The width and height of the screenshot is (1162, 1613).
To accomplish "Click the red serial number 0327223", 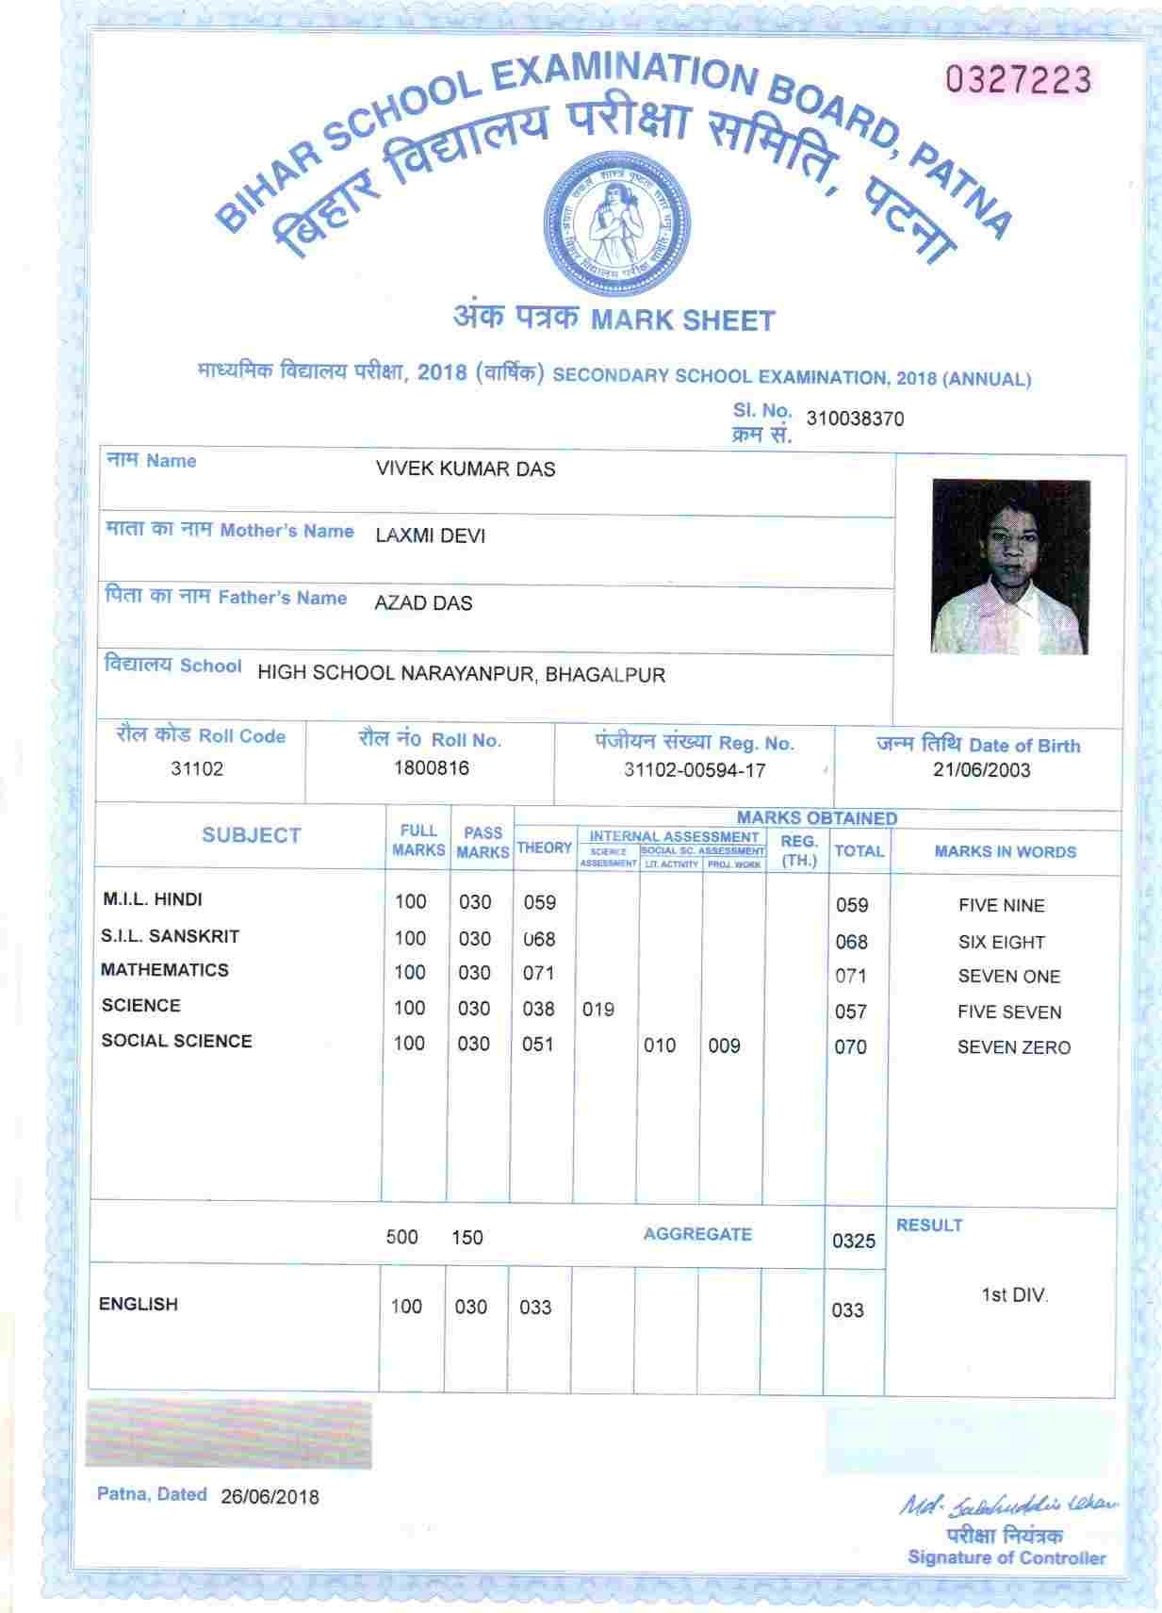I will click(x=1019, y=80).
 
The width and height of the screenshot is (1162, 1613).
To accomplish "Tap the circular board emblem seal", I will click(x=618, y=217).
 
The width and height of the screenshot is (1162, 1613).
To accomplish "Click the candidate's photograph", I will click(x=1010, y=566).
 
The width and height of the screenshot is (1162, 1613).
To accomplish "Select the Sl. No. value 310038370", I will click(x=855, y=419).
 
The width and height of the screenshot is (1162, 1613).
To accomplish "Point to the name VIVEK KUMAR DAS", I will click(x=466, y=469).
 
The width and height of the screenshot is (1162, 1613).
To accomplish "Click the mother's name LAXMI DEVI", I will click(x=430, y=536).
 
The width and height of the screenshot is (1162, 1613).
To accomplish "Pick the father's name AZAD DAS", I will click(x=423, y=603).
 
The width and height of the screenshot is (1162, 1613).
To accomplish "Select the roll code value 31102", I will click(x=197, y=768).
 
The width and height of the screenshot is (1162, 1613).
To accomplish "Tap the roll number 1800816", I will click(x=431, y=767).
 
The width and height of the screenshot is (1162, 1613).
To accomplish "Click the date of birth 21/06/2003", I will click(x=981, y=769).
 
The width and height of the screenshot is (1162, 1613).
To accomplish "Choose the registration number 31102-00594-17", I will click(x=695, y=770).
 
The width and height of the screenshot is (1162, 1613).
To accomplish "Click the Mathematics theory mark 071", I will click(x=538, y=973).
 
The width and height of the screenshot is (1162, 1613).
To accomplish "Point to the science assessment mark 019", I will click(x=597, y=1010).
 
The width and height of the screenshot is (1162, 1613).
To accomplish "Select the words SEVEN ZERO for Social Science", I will click(x=1013, y=1047).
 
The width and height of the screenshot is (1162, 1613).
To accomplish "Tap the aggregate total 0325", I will click(x=854, y=1241).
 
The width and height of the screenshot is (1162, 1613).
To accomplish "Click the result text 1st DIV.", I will click(x=1014, y=1295).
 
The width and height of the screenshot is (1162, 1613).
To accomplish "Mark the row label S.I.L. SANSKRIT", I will click(x=171, y=936).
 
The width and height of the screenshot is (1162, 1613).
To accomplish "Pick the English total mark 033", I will click(x=847, y=1309).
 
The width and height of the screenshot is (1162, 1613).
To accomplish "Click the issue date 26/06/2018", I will click(x=270, y=1497).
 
